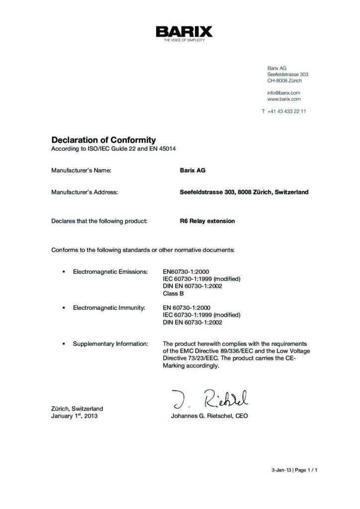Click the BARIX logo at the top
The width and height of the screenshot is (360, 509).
(184, 33)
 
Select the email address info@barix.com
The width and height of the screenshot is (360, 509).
(283, 92)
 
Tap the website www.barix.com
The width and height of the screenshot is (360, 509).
(284, 99)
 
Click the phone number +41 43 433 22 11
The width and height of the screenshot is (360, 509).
(286, 111)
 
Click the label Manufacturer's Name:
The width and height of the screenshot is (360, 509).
(81, 170)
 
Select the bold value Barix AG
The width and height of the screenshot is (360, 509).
(192, 170)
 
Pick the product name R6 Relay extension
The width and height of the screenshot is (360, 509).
(207, 221)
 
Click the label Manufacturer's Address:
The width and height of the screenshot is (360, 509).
(85, 192)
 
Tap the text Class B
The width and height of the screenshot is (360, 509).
(174, 293)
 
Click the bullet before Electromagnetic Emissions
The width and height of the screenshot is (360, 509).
(64, 272)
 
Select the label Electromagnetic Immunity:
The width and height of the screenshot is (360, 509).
(109, 308)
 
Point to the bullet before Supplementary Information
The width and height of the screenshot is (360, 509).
(64, 343)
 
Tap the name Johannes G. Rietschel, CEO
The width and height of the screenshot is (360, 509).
(209, 416)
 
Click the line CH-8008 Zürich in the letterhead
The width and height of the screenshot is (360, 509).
(284, 81)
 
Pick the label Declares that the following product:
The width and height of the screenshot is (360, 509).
(99, 221)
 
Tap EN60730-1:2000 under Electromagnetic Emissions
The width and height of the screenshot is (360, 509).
(186, 272)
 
